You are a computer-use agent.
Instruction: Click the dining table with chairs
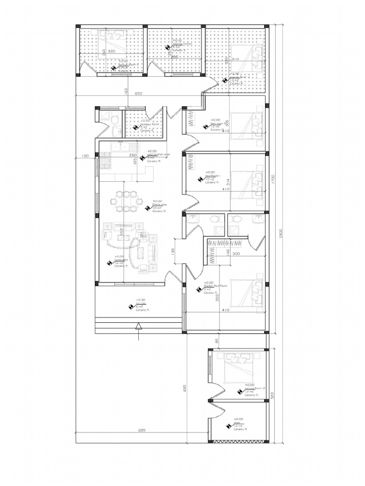tap(125, 201)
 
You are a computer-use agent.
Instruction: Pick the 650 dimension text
tap(139, 94)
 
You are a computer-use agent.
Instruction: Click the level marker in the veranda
tap(131, 307)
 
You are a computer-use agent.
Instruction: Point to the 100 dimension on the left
tap(86, 156)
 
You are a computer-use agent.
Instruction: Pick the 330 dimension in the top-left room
tap(112, 51)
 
